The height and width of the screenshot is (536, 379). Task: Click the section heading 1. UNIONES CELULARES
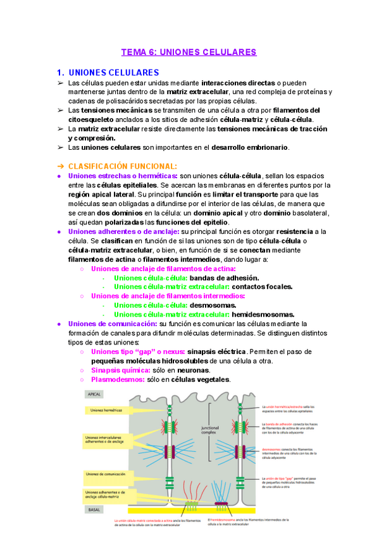[x=108, y=73]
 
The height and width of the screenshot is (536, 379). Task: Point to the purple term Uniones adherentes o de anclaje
[x=118, y=232]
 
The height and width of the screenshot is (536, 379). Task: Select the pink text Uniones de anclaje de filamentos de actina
[x=163, y=269]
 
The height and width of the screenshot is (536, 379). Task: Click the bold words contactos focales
[x=263, y=287]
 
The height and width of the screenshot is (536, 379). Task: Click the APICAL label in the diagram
[x=94, y=394]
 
